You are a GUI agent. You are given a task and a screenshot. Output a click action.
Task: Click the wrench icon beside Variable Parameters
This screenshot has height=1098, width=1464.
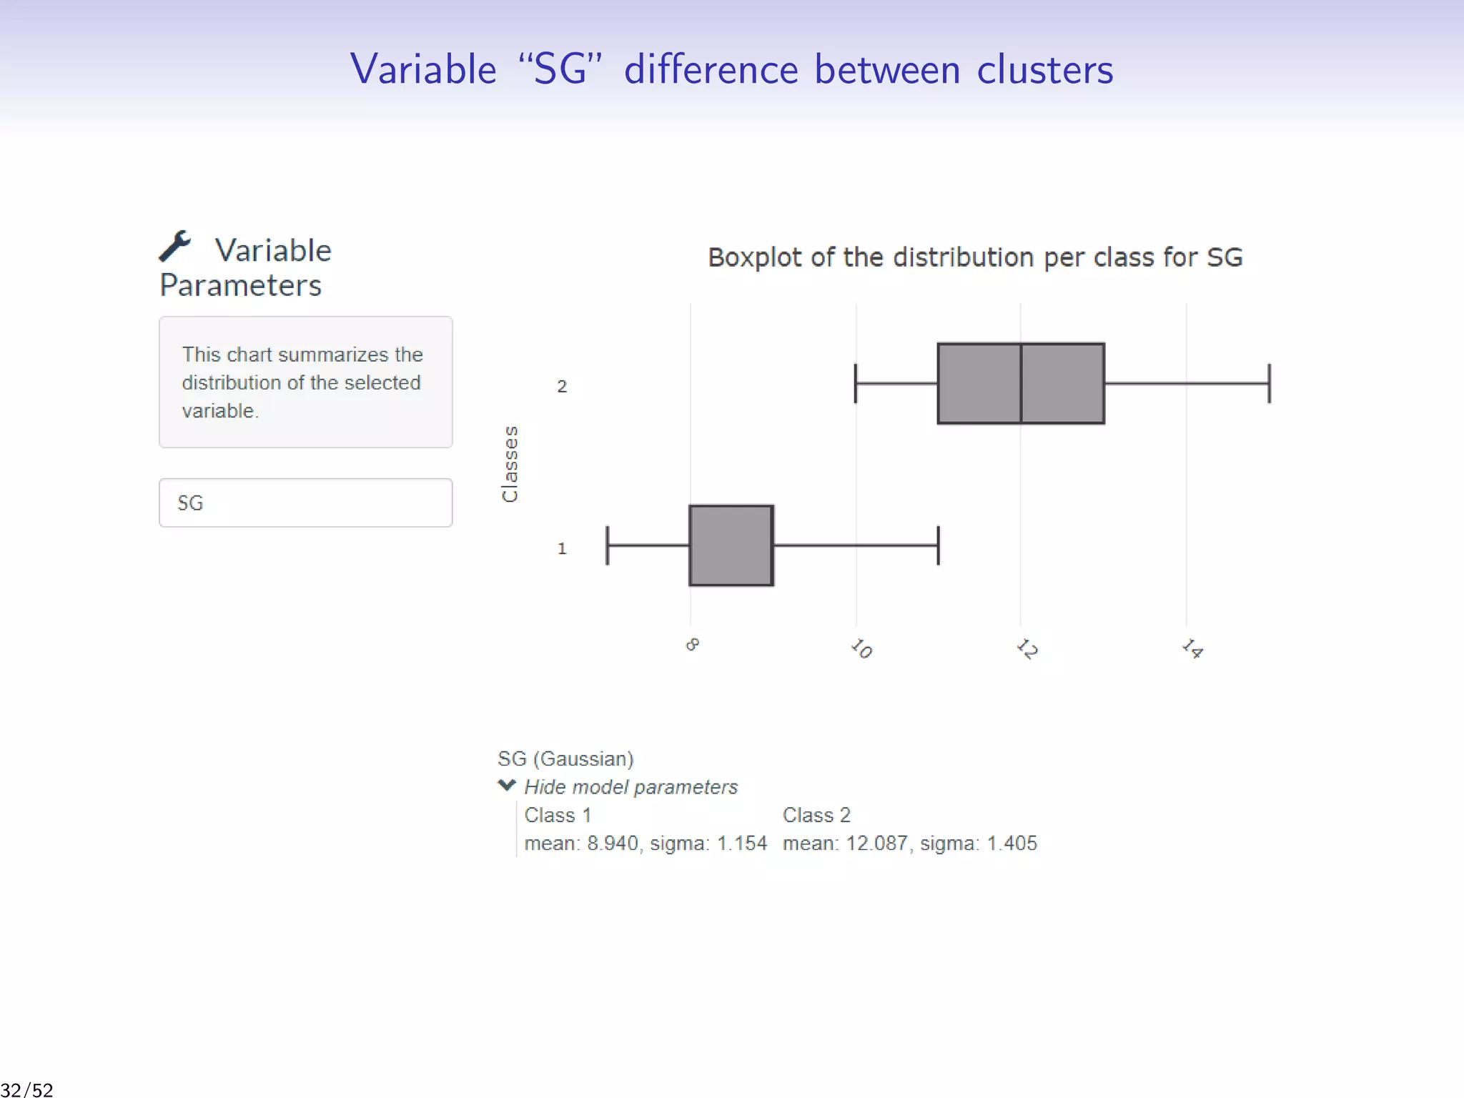click(x=175, y=247)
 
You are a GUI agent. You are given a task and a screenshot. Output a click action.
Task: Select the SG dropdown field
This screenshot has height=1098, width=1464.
click(x=305, y=503)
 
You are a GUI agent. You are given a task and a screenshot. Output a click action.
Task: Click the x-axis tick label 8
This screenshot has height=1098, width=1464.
click(x=692, y=645)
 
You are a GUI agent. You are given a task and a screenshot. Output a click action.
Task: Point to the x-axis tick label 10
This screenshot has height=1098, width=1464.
click(x=861, y=648)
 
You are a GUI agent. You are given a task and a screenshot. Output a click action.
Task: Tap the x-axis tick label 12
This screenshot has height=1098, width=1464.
click(x=1027, y=648)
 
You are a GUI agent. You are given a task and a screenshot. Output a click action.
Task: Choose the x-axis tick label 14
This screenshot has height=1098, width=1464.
click(x=1192, y=648)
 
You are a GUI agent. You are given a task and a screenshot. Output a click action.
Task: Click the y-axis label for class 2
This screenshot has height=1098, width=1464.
click(x=562, y=387)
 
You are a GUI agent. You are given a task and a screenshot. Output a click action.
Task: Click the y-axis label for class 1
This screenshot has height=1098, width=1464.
click(x=562, y=548)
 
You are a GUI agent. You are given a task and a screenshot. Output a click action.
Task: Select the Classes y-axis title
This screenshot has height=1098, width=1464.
click(x=510, y=464)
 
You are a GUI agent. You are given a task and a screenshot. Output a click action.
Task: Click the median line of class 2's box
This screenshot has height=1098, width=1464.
click(x=1021, y=384)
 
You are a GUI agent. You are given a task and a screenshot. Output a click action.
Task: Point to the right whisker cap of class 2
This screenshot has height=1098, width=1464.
click(x=1270, y=384)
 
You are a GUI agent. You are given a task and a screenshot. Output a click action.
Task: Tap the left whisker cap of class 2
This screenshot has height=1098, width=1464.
click(x=856, y=384)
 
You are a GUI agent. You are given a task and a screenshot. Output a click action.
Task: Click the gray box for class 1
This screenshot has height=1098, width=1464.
click(x=731, y=545)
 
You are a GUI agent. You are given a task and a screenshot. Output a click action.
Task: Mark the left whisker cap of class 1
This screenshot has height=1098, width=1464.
click(x=608, y=545)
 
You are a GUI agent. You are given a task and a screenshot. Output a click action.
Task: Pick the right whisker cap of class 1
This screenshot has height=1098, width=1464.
click(x=939, y=545)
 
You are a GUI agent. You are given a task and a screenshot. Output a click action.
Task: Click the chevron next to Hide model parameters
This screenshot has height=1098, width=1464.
click(x=507, y=786)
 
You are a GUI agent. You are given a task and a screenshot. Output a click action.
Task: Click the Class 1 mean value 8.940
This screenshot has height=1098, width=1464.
click(x=613, y=844)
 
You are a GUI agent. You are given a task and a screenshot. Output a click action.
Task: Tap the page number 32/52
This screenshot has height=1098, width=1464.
click(x=27, y=1089)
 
